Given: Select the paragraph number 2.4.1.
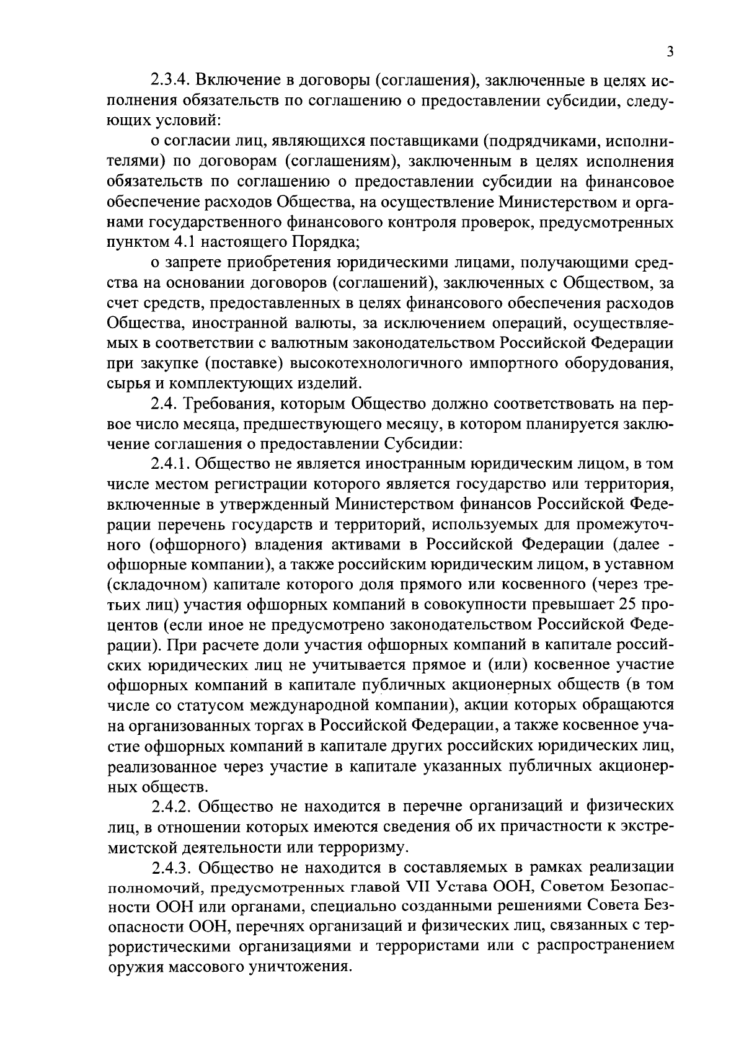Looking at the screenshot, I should coord(174,464).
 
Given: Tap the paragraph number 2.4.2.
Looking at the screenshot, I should coord(174,807).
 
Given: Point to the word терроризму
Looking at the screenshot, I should coord(366,846).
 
